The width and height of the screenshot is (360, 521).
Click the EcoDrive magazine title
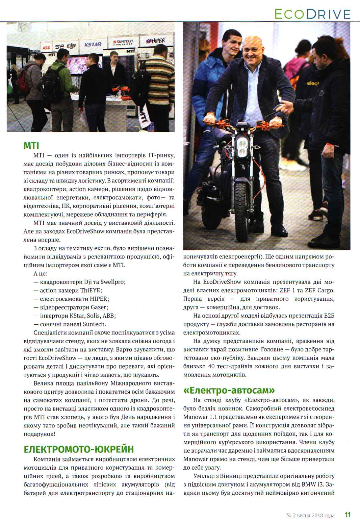312,14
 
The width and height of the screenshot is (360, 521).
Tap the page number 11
348,515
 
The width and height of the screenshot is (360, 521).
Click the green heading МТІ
31,146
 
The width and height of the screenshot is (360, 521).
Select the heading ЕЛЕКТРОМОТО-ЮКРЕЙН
79,449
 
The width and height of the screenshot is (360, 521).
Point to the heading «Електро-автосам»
229,390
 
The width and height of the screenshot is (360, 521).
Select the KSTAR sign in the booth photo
93,45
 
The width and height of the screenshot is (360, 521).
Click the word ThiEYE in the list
91,290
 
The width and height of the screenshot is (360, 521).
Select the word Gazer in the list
99,307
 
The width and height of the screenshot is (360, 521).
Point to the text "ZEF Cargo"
319,290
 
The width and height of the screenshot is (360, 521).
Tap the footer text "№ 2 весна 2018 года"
310,515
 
